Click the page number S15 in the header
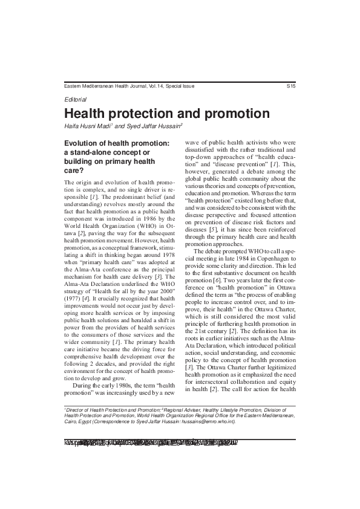pyautogui.click(x=290, y=86)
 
